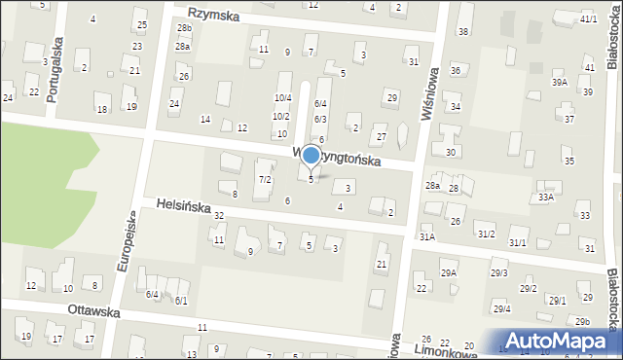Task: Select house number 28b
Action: [184, 28]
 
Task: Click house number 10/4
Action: [282, 98]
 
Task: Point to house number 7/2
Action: [264, 180]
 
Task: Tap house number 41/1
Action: [588, 19]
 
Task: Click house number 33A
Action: [546, 198]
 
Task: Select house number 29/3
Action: [499, 273]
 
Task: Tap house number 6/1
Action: [180, 301]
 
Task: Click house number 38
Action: [463, 32]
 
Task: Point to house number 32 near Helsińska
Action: [219, 215]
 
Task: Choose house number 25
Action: [141, 24]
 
